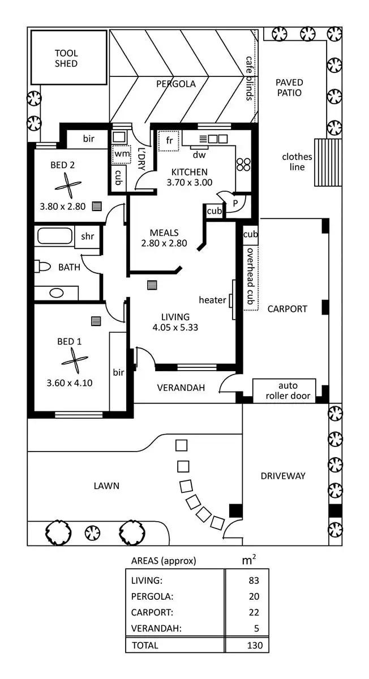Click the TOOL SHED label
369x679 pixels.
pos(66,58)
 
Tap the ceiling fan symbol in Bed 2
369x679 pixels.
pos(68,184)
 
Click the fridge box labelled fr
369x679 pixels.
pos(169,141)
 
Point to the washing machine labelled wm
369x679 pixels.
pos(121,154)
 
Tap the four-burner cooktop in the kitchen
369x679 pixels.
pos(243,164)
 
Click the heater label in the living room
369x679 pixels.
pos(212,300)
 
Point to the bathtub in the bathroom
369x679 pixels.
pos(54,236)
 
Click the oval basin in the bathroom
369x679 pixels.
pos(56,293)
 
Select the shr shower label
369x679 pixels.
pos(87,237)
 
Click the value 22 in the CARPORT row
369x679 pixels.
pos(254,612)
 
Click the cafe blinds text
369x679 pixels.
pos(248,78)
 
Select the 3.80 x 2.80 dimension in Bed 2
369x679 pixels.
pos(62,207)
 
